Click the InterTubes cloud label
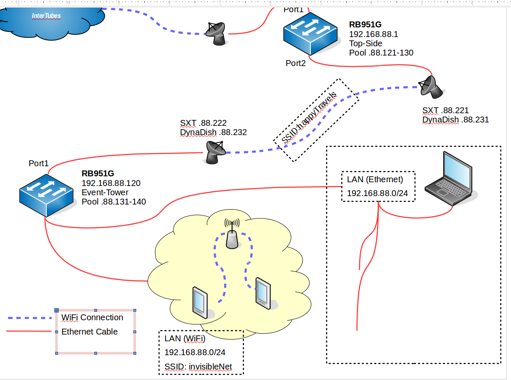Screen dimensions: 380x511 46,16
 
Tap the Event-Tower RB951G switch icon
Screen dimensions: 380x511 48,194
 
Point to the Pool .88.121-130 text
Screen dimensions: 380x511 381,53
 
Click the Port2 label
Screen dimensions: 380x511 296,64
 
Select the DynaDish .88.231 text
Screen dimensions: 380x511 455,120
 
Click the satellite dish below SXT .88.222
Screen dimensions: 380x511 216,151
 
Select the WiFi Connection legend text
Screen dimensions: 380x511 92,317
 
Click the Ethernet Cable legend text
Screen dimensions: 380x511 90,332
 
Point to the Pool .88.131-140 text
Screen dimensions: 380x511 114,202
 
